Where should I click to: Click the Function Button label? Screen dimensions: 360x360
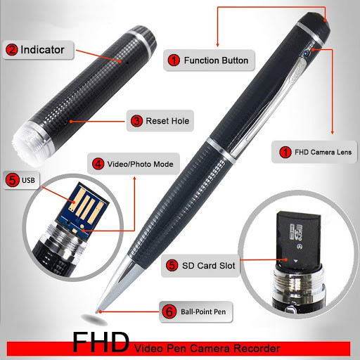click(209, 60)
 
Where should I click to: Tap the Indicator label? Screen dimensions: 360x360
click(38, 50)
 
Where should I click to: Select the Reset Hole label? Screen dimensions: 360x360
click(160, 121)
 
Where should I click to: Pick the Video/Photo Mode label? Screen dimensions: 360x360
click(134, 164)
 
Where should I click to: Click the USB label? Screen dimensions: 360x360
click(21, 180)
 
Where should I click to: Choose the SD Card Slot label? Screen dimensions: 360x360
click(200, 266)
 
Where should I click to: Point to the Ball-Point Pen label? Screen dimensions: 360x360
click(196, 311)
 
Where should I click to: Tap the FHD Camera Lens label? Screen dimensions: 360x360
click(314, 152)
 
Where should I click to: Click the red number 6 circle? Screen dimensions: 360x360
click(169, 311)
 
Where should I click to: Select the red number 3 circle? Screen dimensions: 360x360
click(136, 121)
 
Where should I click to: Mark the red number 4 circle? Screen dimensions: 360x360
click(98, 164)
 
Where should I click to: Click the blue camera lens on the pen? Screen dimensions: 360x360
click(306, 53)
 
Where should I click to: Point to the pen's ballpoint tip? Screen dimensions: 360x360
click(98, 310)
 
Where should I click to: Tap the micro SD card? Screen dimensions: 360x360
click(298, 239)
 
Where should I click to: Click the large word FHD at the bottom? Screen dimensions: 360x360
click(101, 342)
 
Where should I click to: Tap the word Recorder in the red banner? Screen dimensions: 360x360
click(257, 348)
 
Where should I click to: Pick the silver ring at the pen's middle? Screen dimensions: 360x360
click(221, 150)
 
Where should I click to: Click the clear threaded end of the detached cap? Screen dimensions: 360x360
click(30, 144)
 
